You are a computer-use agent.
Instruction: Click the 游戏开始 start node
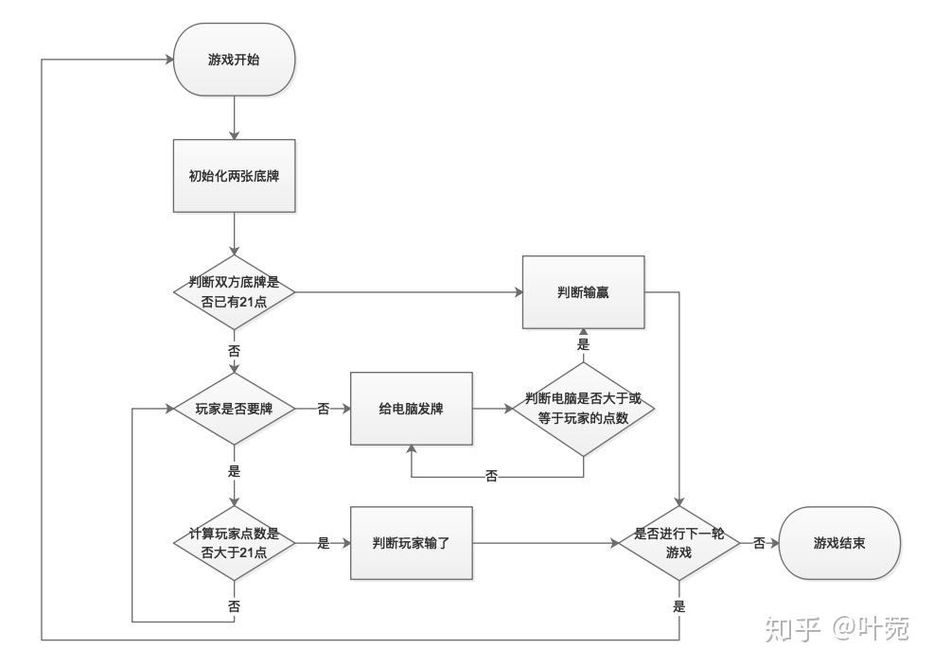(234, 59)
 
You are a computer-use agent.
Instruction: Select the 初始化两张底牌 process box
(234, 176)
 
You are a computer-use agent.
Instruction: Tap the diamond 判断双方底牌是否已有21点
(234, 291)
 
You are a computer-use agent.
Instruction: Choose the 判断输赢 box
(583, 291)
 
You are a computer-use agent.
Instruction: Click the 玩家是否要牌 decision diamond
(234, 410)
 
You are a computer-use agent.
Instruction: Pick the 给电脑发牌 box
(411, 410)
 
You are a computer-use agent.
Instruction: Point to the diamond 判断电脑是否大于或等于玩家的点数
(583, 410)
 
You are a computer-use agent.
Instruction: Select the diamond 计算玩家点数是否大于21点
(234, 543)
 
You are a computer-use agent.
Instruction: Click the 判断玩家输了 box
(411, 543)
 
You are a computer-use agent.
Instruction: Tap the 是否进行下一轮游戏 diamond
(678, 543)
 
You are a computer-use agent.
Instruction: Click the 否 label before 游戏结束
(759, 543)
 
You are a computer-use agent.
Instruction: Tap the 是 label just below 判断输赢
(583, 345)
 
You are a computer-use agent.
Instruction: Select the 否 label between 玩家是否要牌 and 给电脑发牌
(323, 410)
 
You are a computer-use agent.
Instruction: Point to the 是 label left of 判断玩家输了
(323, 543)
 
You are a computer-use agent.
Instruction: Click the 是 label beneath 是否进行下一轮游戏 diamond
(678, 606)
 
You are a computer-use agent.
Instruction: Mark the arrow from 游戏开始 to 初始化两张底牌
(234, 116)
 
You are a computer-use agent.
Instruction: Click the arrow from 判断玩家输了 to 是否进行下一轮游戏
(544, 543)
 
